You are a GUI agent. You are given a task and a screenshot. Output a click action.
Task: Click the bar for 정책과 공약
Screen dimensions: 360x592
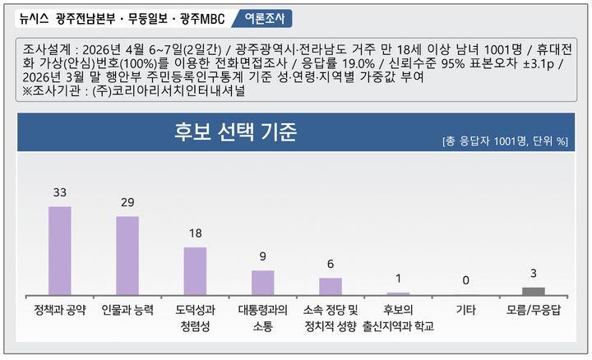tap(60, 251)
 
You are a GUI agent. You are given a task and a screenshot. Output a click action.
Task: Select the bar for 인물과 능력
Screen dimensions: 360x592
tap(127, 256)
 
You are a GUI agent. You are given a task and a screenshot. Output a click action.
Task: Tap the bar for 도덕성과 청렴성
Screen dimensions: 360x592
tap(195, 270)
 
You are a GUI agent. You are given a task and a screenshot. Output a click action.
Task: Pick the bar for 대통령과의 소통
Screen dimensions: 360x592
tap(262, 283)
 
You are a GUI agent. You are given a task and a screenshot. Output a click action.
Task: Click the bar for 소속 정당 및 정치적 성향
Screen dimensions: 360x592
tap(331, 286)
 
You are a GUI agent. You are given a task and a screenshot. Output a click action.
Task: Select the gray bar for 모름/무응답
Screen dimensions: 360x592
tap(534, 291)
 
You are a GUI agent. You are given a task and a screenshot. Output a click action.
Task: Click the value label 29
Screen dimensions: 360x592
tap(127, 203)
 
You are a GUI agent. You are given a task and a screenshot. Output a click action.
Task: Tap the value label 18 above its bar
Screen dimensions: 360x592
tap(195, 233)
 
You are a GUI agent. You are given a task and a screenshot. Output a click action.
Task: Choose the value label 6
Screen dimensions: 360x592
tap(331, 265)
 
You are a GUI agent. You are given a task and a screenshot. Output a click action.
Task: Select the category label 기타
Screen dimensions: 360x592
tap(465, 310)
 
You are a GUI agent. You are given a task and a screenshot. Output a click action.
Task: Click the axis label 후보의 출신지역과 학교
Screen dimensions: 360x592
tap(398, 317)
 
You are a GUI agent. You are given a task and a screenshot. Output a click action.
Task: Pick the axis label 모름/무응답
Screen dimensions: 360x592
tap(534, 310)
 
